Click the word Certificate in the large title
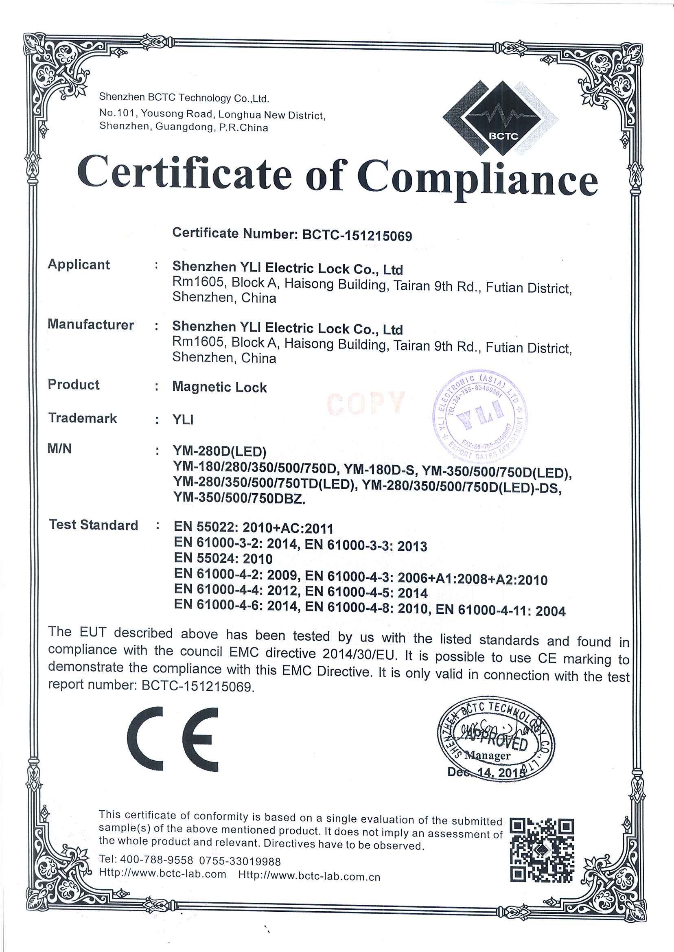(x=184, y=173)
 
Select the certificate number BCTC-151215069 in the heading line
(x=357, y=236)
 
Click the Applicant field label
(x=79, y=264)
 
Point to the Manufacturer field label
(x=90, y=324)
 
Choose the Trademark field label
(x=83, y=418)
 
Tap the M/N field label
(x=60, y=449)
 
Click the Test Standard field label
(x=93, y=525)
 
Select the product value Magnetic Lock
(x=219, y=387)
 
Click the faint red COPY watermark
(x=365, y=402)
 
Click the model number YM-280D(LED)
(x=219, y=451)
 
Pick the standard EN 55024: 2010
(x=223, y=558)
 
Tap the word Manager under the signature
(x=487, y=755)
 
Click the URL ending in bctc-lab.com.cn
(x=309, y=876)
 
